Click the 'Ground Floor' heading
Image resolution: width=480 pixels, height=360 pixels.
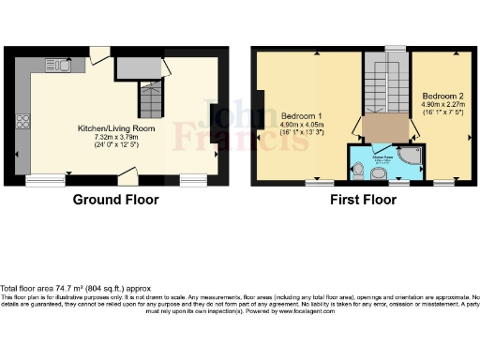pyautogui.click(x=116, y=200)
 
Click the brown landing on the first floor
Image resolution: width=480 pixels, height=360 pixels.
pyautogui.click(x=384, y=127)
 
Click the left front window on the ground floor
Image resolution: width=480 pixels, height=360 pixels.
pyautogui.click(x=39, y=177)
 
